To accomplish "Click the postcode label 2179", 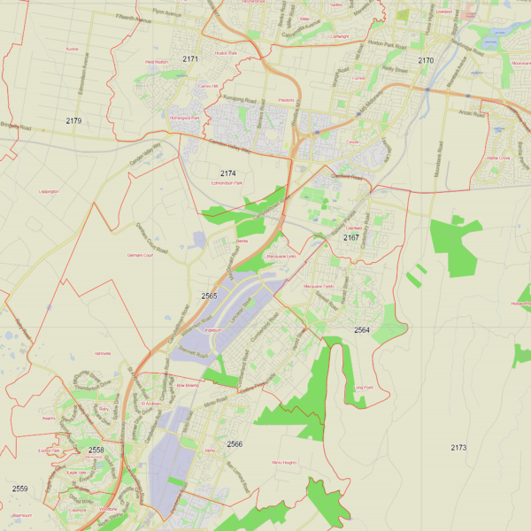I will tap(73, 120).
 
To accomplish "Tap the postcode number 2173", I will tap(458, 448).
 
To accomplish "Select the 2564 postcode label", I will tap(362, 330).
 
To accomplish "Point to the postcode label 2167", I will tap(351, 237).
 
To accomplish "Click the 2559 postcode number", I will tap(19, 489).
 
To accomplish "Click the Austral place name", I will tap(72, 50).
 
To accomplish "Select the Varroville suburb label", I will tap(102, 353).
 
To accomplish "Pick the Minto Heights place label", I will tap(284, 463).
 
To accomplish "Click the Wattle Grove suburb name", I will tap(498, 158).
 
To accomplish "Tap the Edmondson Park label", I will tap(227, 183).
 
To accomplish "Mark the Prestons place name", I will tap(286, 101).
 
